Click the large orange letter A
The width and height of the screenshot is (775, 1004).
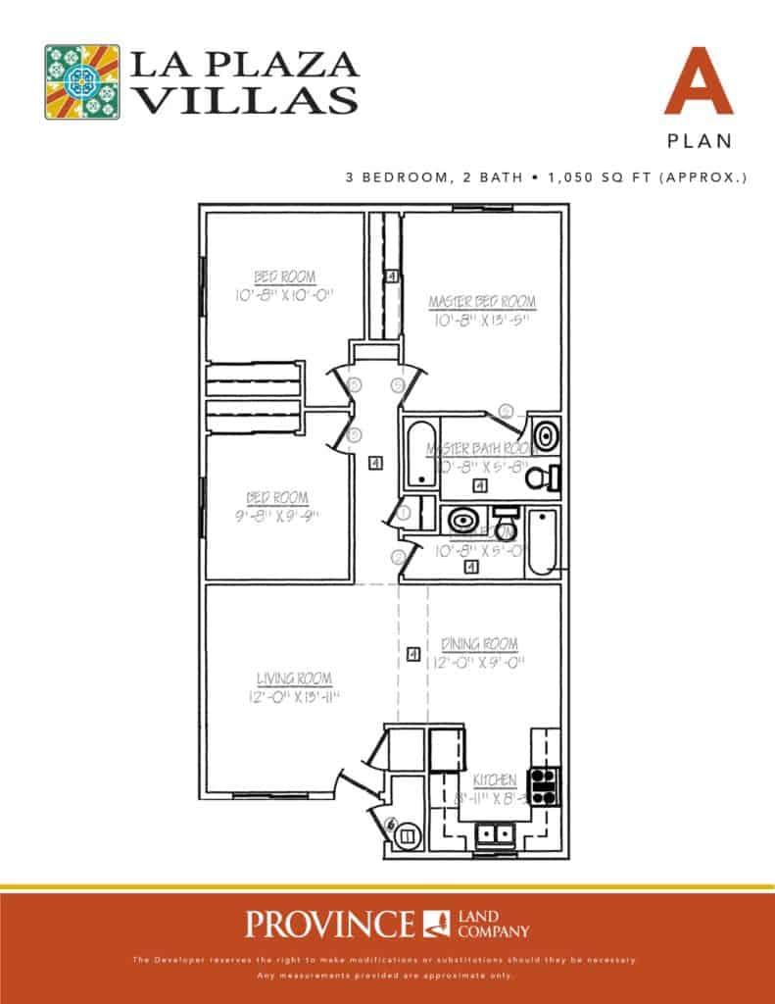pos(699,80)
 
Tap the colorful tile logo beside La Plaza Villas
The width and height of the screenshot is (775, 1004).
pos(82,81)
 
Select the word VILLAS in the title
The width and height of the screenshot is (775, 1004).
pos(244,99)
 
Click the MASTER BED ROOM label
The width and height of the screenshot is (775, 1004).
pos(482,302)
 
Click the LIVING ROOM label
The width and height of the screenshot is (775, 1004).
pos(294,678)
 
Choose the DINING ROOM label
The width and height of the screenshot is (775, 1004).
pos(479,644)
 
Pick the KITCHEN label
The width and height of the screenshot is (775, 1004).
pos(495,779)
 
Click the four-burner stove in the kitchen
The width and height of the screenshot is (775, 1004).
pos(543,784)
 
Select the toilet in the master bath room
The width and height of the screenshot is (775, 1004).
pos(540,478)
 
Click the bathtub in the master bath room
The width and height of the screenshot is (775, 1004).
pos(420,454)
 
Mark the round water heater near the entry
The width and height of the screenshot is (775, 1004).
pos(407,835)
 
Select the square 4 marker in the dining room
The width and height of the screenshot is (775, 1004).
pos(412,653)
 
